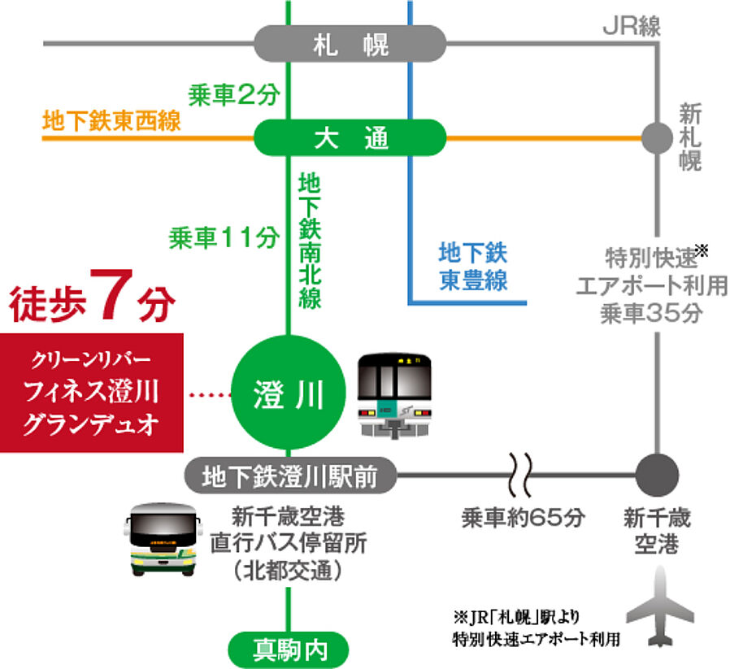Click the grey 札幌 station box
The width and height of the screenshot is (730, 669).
(350, 44)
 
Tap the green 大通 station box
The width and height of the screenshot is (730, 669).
(350, 138)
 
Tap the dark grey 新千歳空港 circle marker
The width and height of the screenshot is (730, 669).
(656, 472)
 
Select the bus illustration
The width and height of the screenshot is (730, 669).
(162, 539)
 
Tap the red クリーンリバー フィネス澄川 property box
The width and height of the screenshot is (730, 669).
(91, 393)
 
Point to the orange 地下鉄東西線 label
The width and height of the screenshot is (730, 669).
(112, 122)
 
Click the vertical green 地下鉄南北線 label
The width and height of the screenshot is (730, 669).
(309, 239)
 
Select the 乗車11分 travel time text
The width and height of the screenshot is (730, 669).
(224, 237)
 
